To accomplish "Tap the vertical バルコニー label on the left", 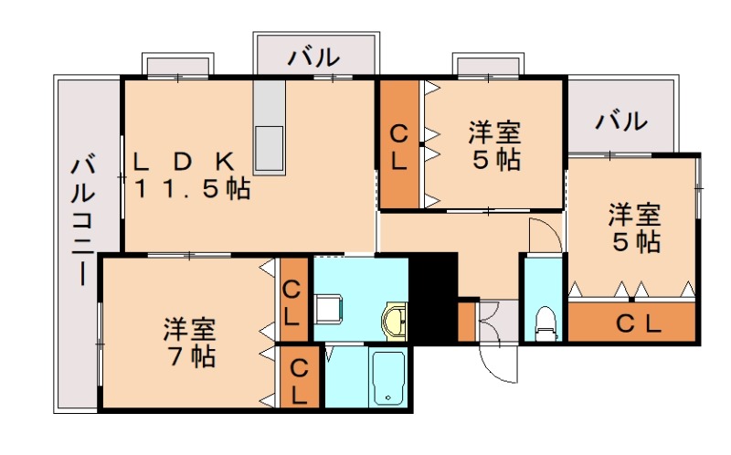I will (82, 219).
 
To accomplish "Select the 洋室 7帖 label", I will (190, 341).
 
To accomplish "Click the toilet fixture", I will (546, 322).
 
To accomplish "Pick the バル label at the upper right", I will (622, 120).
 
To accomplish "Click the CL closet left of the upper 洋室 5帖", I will (399, 144).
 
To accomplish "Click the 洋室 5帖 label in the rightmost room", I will (634, 229).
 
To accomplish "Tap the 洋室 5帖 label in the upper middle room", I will (494, 146).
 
